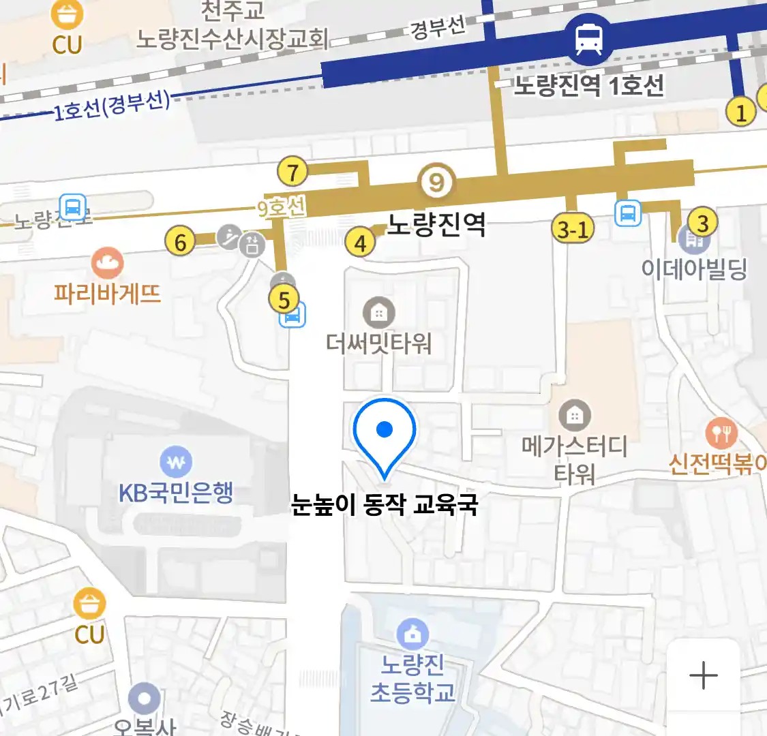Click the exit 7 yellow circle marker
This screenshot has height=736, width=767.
click(x=292, y=172)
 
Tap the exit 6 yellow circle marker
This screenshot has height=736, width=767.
click(x=181, y=241)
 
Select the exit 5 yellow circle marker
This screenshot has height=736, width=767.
click(x=284, y=299)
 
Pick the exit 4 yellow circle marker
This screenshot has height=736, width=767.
click(x=360, y=242)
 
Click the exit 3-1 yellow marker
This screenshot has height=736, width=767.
click(x=573, y=229)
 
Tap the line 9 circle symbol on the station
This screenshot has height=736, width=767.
click(x=436, y=182)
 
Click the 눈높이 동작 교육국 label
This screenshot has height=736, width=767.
click(x=385, y=505)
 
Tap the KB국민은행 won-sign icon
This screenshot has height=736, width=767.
click(x=176, y=463)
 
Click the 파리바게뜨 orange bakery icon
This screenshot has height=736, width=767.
click(x=107, y=263)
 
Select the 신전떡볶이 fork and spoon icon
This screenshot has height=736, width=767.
click(x=721, y=432)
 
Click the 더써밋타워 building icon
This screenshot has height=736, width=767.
click(x=378, y=313)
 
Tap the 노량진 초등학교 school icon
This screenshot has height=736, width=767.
click(x=412, y=634)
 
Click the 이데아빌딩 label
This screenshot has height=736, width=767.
click(x=694, y=269)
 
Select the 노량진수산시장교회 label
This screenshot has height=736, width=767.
click(x=232, y=38)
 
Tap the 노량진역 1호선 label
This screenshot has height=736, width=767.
click(x=588, y=86)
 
